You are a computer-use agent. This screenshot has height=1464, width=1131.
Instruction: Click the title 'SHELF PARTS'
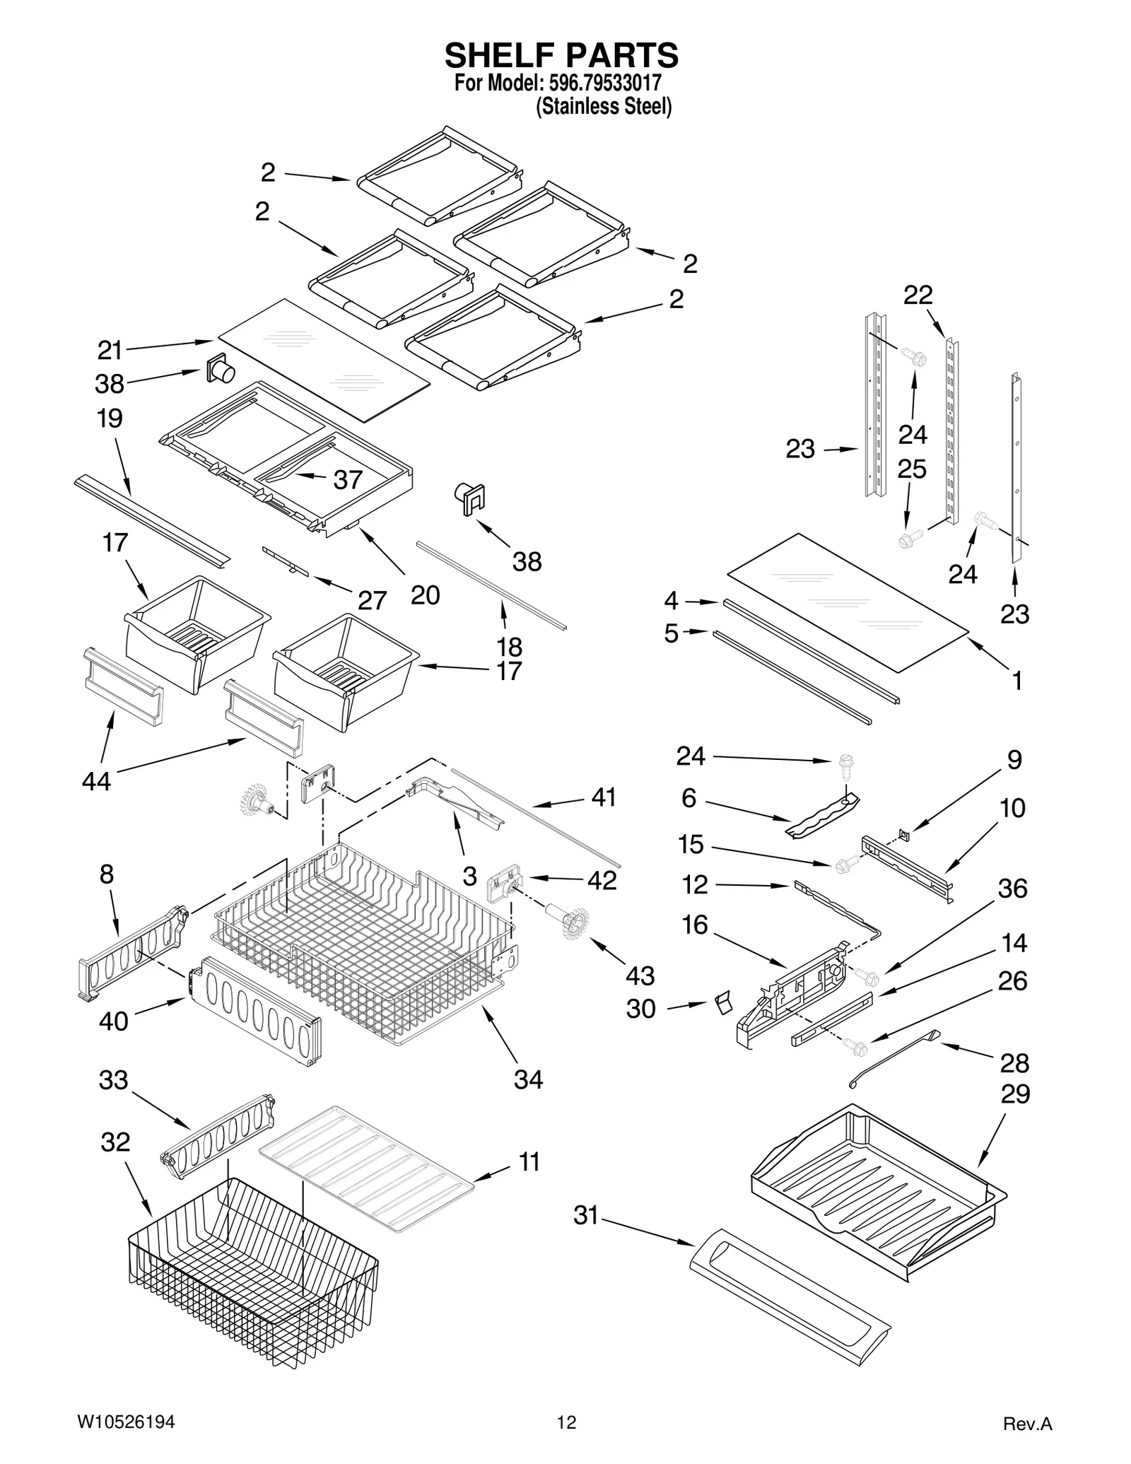pos(561,55)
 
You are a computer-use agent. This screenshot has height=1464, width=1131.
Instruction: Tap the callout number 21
pos(110,350)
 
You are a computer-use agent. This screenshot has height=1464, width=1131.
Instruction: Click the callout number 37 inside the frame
pos(348,480)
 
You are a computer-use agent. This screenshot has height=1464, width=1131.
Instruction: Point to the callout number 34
pos(528,1079)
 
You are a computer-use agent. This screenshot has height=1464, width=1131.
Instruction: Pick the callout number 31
pos(586,1215)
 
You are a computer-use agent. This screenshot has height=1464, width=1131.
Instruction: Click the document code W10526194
pos(124,1422)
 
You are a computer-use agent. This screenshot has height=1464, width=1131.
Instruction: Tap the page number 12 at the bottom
pos(566,1422)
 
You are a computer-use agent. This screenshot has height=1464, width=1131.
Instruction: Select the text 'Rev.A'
pos(1028,1424)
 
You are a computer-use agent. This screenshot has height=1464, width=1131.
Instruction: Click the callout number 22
pos(918,295)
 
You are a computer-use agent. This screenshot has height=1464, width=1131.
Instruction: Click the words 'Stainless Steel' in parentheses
pos(604,107)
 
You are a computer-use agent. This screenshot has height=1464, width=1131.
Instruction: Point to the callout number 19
pos(110,418)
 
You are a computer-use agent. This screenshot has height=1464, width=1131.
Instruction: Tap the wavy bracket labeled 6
pos(824,817)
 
